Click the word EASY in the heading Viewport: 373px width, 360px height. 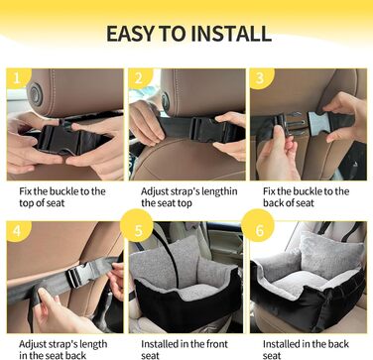131,34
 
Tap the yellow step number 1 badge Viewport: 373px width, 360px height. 17,78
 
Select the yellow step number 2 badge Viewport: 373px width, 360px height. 139,78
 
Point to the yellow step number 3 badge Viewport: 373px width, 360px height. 261,78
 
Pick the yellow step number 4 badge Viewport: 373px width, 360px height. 17,231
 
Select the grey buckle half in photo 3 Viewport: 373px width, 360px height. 318,123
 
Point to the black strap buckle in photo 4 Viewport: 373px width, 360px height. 78,274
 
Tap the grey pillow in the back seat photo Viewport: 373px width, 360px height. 327,255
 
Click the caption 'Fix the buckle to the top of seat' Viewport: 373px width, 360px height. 62,197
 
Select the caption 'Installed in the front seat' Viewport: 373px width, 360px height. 185,349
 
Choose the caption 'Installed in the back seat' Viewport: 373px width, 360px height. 306,349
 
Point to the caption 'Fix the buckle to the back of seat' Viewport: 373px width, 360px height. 306,197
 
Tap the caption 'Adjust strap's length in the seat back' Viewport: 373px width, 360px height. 63,349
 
